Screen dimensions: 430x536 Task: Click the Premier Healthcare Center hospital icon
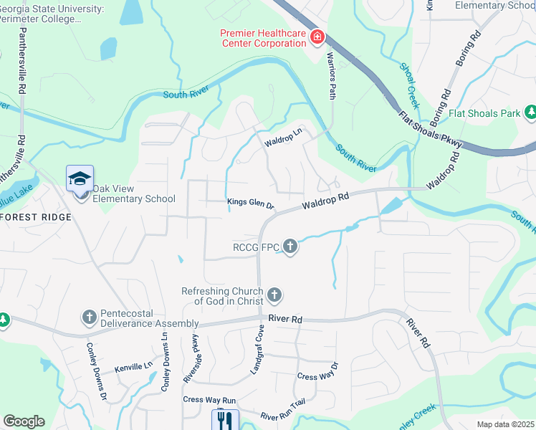[317, 36]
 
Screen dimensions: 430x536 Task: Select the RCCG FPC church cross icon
[289, 247]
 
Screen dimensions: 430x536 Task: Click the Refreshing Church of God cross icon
[274, 295]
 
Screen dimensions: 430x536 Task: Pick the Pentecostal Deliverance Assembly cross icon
[89, 316]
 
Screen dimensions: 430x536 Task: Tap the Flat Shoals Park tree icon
[530, 113]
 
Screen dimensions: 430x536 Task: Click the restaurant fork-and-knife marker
[224, 419]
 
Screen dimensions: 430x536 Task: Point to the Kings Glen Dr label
[251, 204]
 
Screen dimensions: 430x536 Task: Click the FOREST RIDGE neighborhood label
[35, 217]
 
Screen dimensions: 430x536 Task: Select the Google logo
[24, 421]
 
